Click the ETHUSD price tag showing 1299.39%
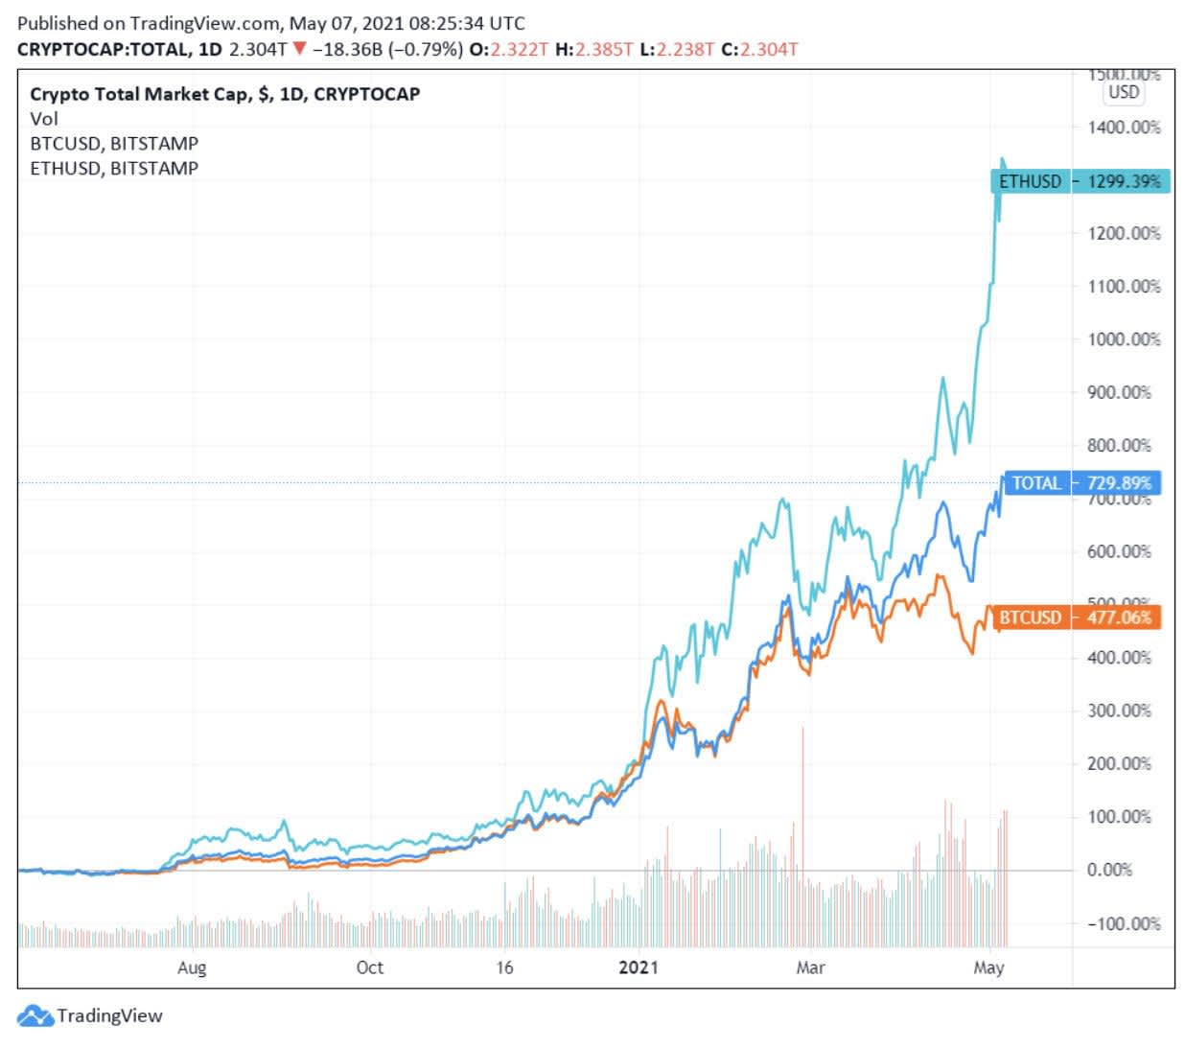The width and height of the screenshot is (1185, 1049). pyautogui.click(x=1080, y=181)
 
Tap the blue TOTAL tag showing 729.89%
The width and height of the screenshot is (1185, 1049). pyautogui.click(x=1080, y=483)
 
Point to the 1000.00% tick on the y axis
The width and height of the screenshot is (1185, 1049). pyautogui.click(x=1123, y=339)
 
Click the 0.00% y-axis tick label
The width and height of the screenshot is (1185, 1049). pyautogui.click(x=1109, y=870)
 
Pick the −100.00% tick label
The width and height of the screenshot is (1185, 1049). pyautogui.click(x=1123, y=923)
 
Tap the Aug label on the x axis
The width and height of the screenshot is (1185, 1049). pyautogui.click(x=192, y=967)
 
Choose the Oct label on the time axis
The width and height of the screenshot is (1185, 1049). pyautogui.click(x=369, y=967)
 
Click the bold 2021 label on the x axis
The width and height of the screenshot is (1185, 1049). pyautogui.click(x=639, y=967)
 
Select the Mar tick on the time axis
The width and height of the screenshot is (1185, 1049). pyautogui.click(x=810, y=967)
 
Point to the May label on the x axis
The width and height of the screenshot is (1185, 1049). pyautogui.click(x=988, y=967)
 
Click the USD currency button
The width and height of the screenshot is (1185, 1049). pyautogui.click(x=1124, y=92)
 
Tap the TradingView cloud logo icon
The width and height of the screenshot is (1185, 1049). pyautogui.click(x=35, y=1016)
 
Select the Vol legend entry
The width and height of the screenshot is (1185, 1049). pyautogui.click(x=44, y=119)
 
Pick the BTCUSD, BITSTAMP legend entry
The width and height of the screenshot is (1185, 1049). pyautogui.click(x=114, y=144)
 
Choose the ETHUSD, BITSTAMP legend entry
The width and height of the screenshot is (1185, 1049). pyautogui.click(x=114, y=169)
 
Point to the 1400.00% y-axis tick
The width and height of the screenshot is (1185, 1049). pyautogui.click(x=1123, y=128)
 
